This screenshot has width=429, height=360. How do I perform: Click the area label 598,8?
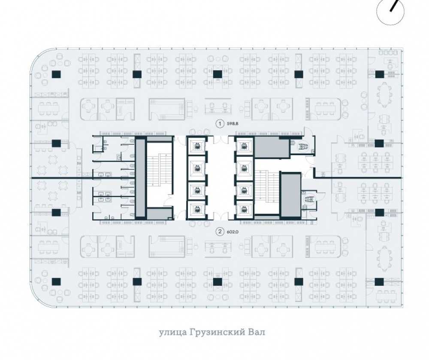[x=233, y=123]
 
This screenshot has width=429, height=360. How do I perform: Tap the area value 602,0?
[x=233, y=232]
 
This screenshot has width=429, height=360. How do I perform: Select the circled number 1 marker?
[x=219, y=123]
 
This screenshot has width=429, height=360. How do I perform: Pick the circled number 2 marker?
[x=219, y=232]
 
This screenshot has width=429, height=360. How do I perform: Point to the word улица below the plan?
[x=169, y=333]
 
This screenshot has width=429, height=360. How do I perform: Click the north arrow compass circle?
[x=390, y=12]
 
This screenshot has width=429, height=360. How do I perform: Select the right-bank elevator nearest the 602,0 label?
[x=244, y=210]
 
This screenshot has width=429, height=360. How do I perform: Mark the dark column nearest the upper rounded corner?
[x=56, y=74]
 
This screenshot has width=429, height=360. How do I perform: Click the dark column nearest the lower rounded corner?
[x=56, y=282]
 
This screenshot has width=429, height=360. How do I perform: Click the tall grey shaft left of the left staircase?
[x=140, y=178]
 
